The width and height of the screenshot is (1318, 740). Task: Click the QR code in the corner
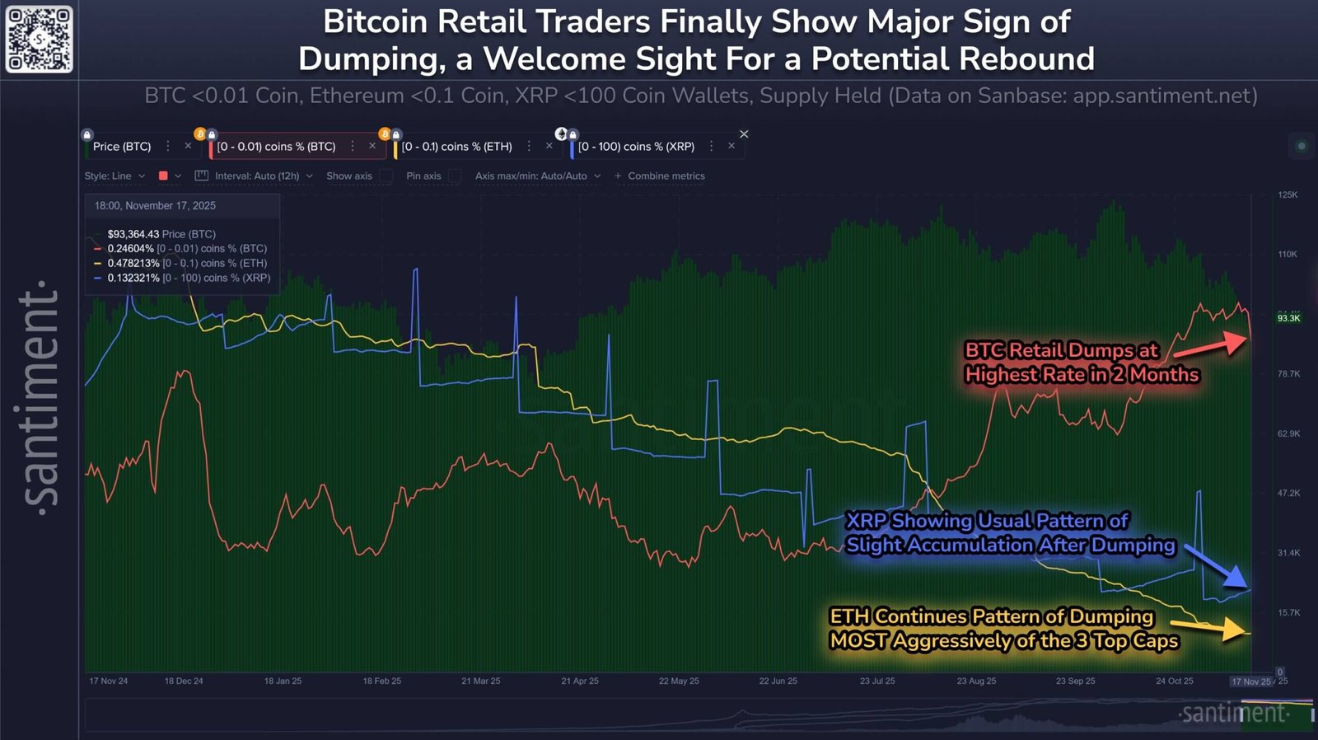(x=39, y=39)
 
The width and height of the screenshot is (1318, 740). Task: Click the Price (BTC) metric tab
(x=122, y=147)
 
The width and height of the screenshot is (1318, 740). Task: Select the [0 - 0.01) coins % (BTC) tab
(x=276, y=147)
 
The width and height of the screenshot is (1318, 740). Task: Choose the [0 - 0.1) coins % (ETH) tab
(x=456, y=147)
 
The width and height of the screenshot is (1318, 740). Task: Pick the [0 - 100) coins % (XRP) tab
(x=636, y=147)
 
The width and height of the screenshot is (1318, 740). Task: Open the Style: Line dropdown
(x=115, y=176)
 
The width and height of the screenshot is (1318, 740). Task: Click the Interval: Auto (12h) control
(x=256, y=176)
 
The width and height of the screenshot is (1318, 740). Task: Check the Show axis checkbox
(x=386, y=176)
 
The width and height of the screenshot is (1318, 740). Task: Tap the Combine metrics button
(x=660, y=176)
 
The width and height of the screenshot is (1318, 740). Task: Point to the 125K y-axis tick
(x=1288, y=195)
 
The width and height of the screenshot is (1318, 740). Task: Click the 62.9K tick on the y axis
(x=1288, y=433)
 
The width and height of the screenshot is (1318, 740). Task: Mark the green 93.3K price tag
(x=1288, y=318)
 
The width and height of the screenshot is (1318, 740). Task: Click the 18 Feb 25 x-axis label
(x=381, y=681)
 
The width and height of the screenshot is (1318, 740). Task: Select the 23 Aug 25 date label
(x=976, y=681)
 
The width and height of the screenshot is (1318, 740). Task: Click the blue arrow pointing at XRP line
(x=1241, y=580)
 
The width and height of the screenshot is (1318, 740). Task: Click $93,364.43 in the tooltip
(x=133, y=234)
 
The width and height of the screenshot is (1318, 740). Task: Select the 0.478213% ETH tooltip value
(x=133, y=264)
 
